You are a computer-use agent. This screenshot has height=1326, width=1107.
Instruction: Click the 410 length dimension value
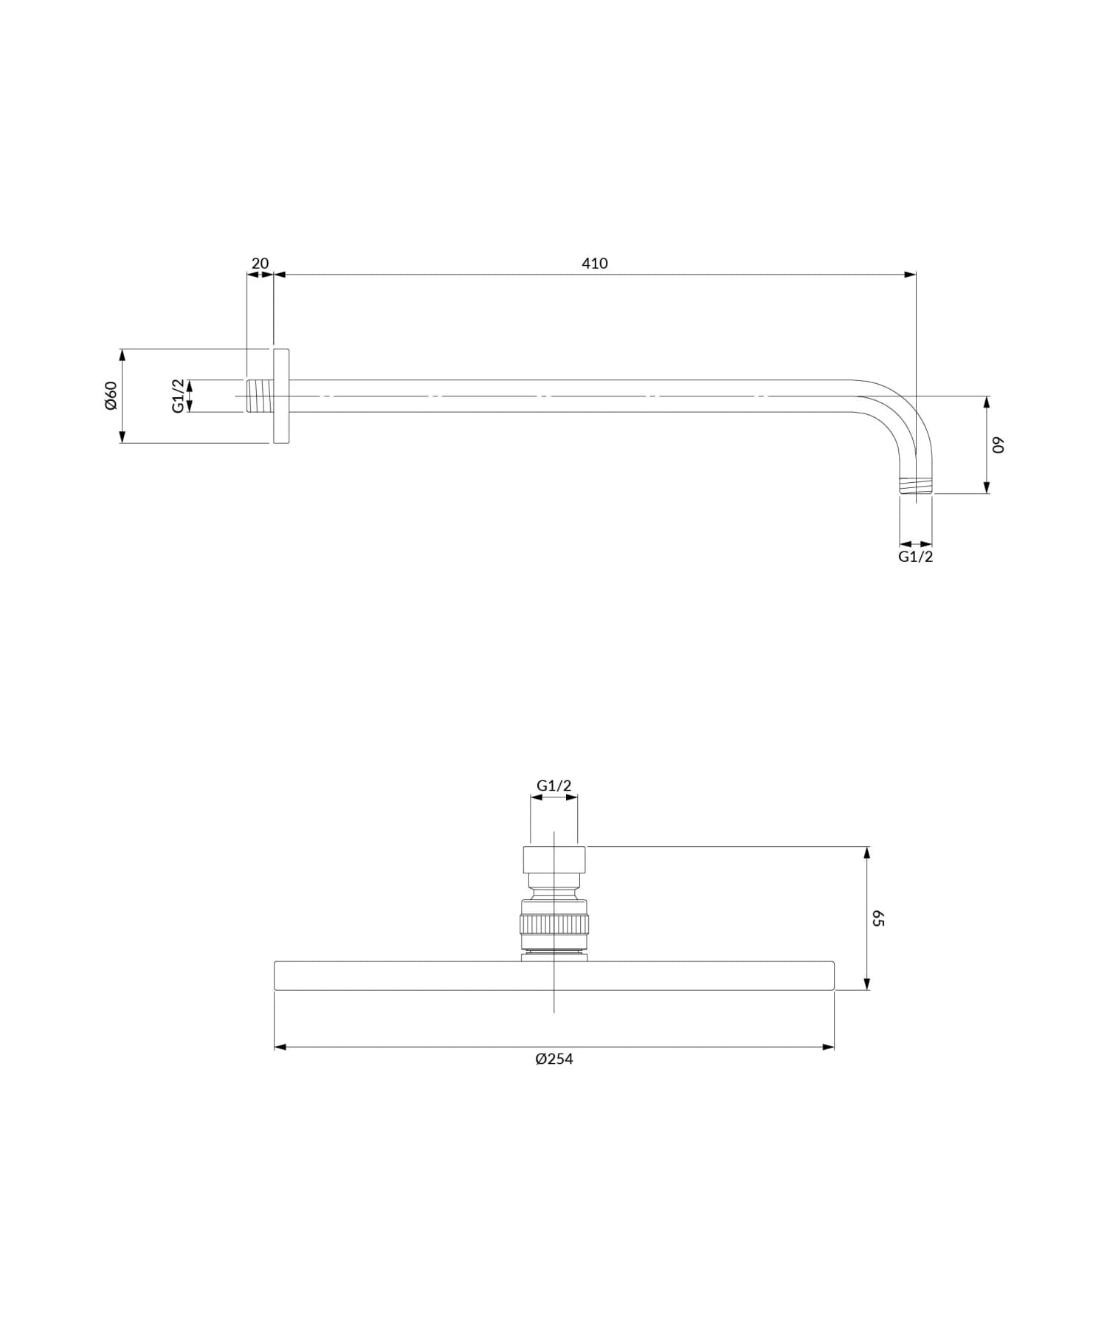click(594, 264)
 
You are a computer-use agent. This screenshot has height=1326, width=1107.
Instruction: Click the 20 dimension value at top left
click(261, 264)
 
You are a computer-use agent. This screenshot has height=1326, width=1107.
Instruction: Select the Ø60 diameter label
click(111, 396)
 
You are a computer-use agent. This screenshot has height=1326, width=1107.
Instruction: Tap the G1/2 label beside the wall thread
click(178, 396)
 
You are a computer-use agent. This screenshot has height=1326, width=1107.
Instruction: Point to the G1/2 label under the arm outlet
click(915, 557)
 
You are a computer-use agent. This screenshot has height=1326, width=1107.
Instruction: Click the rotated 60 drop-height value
click(998, 445)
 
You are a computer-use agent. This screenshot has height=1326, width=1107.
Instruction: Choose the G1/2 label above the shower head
click(553, 786)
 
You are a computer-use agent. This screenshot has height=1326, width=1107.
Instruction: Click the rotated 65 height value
click(877, 918)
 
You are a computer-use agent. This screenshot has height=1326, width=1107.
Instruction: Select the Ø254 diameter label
click(553, 1059)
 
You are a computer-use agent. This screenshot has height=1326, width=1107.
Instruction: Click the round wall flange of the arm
click(281, 396)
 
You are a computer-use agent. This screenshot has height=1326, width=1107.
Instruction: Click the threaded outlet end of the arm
click(916, 486)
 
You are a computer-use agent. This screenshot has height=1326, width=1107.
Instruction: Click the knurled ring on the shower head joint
click(554, 924)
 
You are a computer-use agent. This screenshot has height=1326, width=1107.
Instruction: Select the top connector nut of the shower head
click(554, 859)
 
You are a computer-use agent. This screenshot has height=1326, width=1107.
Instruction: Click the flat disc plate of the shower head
click(553, 975)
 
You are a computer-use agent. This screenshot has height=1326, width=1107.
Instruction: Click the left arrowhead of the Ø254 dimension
click(280, 1046)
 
